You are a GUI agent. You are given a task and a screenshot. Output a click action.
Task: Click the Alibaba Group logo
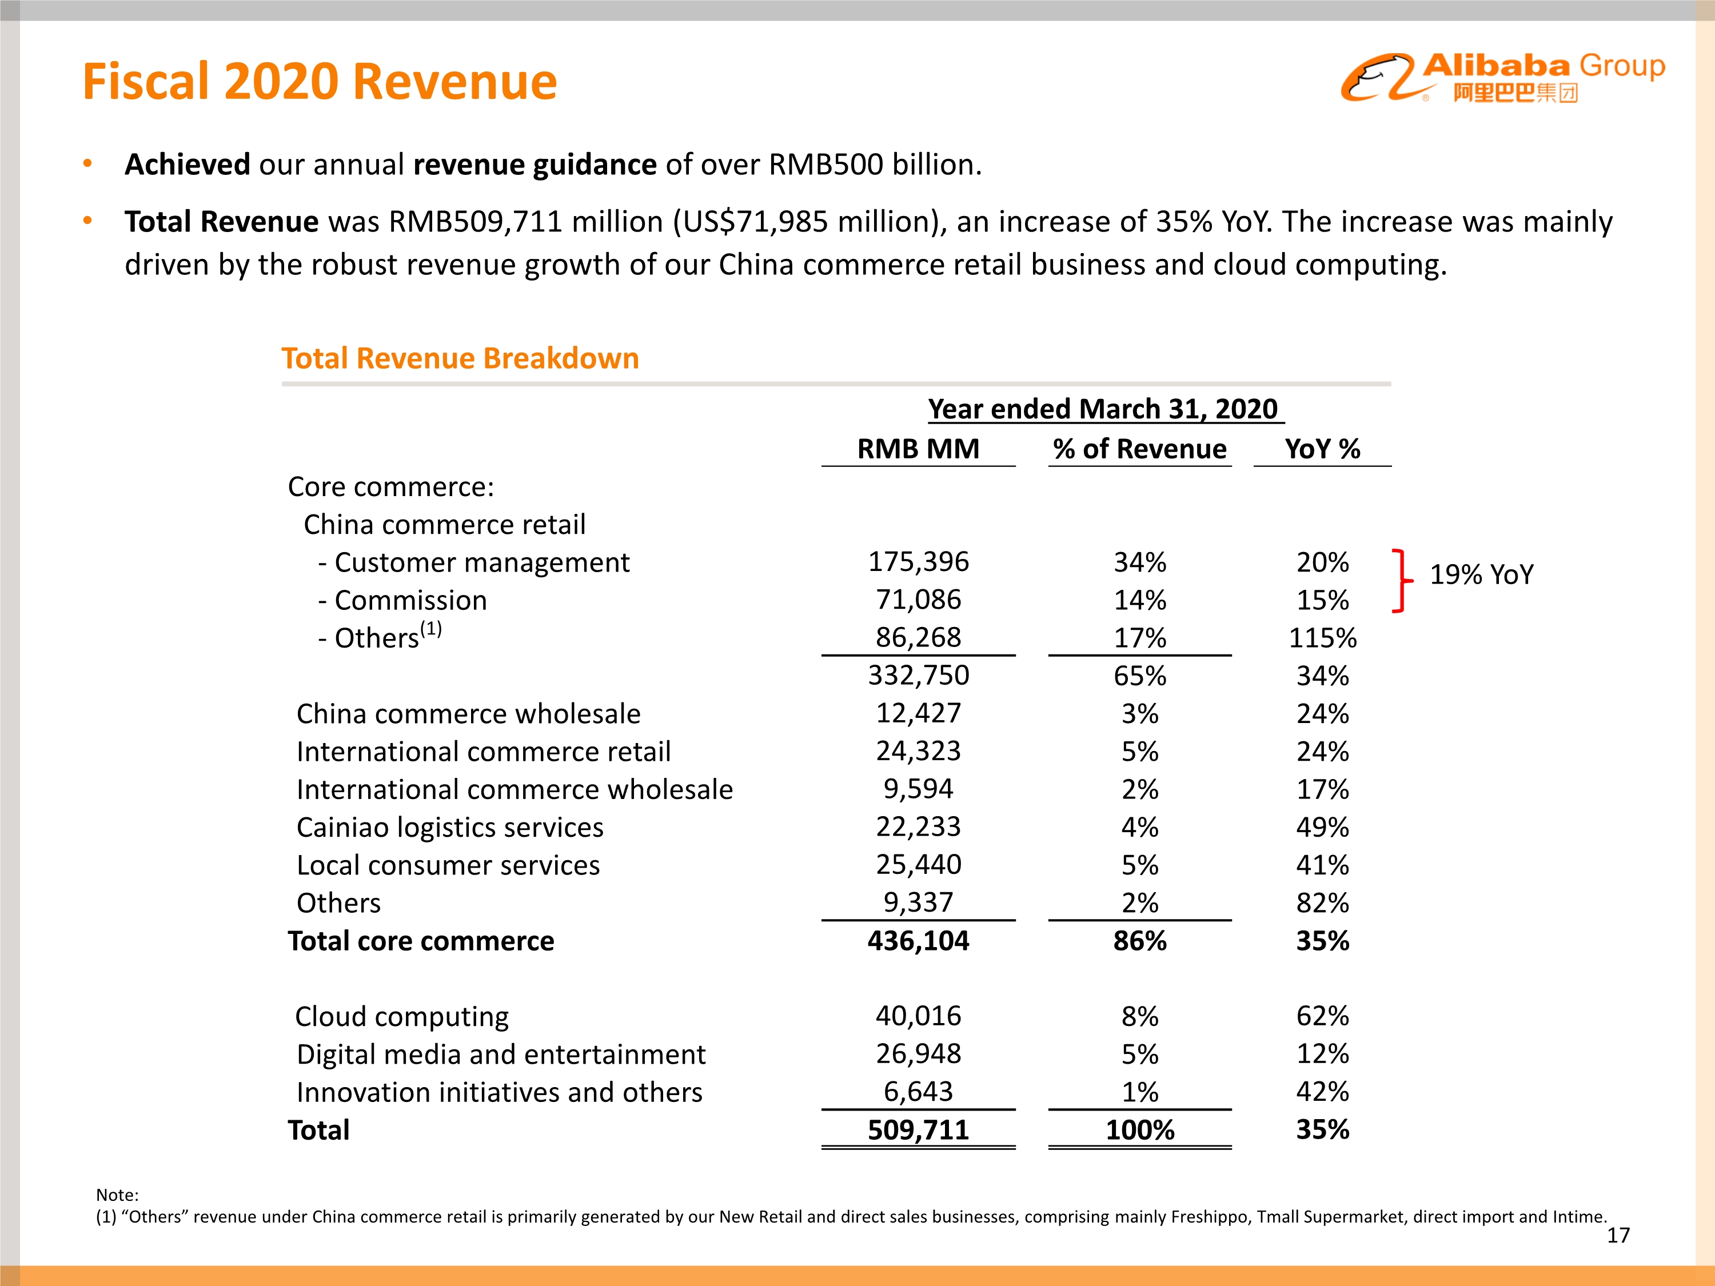pyautogui.click(x=1502, y=78)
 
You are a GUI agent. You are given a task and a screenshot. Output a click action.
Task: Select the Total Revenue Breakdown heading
pyautogui.click(x=460, y=358)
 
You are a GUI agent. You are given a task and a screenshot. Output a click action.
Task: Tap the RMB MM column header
pyautogui.click(x=918, y=449)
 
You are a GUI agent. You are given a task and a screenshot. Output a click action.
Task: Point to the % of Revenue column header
pyautogui.click(x=1139, y=449)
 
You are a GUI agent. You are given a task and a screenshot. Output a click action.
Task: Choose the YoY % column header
pyautogui.click(x=1322, y=449)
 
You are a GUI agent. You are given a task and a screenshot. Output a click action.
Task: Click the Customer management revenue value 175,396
pyautogui.click(x=918, y=562)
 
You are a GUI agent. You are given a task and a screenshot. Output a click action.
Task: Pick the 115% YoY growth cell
pyautogui.click(x=1322, y=638)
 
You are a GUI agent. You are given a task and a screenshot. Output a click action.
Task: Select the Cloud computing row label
pyautogui.click(x=402, y=1016)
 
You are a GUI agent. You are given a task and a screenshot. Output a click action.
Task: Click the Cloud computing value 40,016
pyautogui.click(x=918, y=1016)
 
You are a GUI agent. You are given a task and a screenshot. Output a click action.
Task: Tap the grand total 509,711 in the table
pyautogui.click(x=918, y=1129)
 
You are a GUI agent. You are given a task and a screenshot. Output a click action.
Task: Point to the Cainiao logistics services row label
pyautogui.click(x=450, y=827)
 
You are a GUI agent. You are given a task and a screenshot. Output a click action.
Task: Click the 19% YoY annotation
pyautogui.click(x=1481, y=574)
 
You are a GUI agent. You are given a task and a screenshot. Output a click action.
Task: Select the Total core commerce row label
pyautogui.click(x=421, y=941)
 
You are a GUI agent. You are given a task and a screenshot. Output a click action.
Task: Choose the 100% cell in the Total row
pyautogui.click(x=1139, y=1129)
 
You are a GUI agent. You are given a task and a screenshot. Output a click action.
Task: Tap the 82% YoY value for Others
pyautogui.click(x=1322, y=903)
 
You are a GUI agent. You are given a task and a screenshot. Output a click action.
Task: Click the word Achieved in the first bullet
pyautogui.click(x=188, y=165)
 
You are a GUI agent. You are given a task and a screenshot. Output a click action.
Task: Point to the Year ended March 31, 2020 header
pyautogui.click(x=1103, y=409)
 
